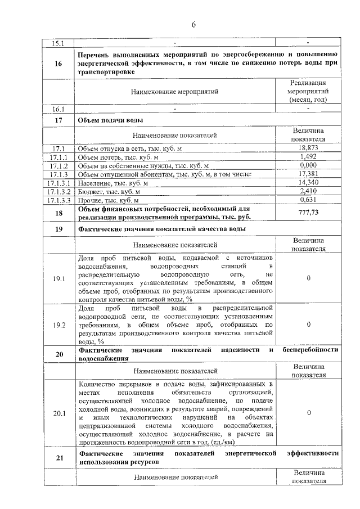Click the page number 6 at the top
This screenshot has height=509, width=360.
click(193, 25)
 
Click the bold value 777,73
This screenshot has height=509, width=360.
click(308, 213)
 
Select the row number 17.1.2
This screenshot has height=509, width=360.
click(58, 166)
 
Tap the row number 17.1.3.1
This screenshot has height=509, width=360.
click(58, 183)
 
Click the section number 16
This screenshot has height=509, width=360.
click(58, 63)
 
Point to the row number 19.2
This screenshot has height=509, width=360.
click(58, 325)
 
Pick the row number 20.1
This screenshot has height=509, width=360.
click(58, 413)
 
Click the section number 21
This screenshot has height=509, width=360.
click(58, 457)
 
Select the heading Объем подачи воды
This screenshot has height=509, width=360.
click(111, 121)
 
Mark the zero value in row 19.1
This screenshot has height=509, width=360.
click(308, 278)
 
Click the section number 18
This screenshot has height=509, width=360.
click(58, 213)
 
